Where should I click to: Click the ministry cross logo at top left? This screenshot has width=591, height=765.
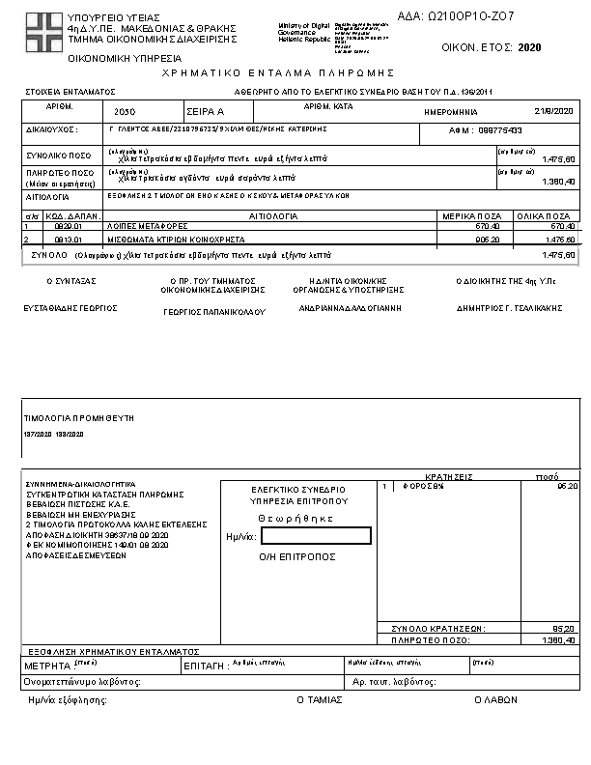point(44,29)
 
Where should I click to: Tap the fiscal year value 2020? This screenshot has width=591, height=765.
point(529,47)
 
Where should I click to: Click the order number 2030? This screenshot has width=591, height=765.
point(125,112)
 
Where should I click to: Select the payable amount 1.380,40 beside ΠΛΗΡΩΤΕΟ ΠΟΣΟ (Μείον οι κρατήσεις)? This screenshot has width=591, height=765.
point(559,181)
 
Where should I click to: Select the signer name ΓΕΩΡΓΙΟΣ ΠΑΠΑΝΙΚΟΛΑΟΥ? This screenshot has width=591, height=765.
point(213,312)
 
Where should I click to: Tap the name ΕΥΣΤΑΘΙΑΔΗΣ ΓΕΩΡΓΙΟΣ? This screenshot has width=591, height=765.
point(70,307)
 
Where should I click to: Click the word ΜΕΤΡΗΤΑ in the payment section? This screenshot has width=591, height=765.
point(46,666)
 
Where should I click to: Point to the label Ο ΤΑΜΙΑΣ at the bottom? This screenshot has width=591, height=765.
point(319,699)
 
